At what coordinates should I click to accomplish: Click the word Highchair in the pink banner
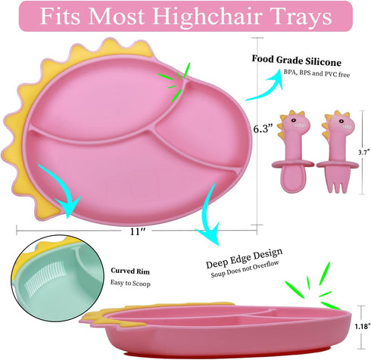pyautogui.click(x=207, y=17)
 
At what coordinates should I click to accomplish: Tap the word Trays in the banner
pyautogui.click(x=301, y=17)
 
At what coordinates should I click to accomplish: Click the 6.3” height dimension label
pyautogui.click(x=263, y=129)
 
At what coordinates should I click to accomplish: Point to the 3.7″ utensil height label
pyautogui.click(x=364, y=152)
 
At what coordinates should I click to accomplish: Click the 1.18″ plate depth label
pyautogui.click(x=362, y=327)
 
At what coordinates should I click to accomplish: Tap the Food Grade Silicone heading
pyautogui.click(x=296, y=61)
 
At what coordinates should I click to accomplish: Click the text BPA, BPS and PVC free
pyautogui.click(x=316, y=73)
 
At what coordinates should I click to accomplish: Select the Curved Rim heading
pyautogui.click(x=130, y=271)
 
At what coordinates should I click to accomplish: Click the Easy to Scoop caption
pyautogui.click(x=130, y=283)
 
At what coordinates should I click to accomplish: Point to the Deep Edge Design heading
pyautogui.click(x=244, y=258)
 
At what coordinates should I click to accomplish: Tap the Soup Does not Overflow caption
pyautogui.click(x=245, y=269)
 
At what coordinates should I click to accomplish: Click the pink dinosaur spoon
pyautogui.click(x=294, y=151)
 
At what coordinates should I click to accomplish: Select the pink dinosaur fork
pyautogui.click(x=338, y=151)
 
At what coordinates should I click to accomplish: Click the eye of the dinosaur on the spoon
pyautogui.click(x=294, y=120)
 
